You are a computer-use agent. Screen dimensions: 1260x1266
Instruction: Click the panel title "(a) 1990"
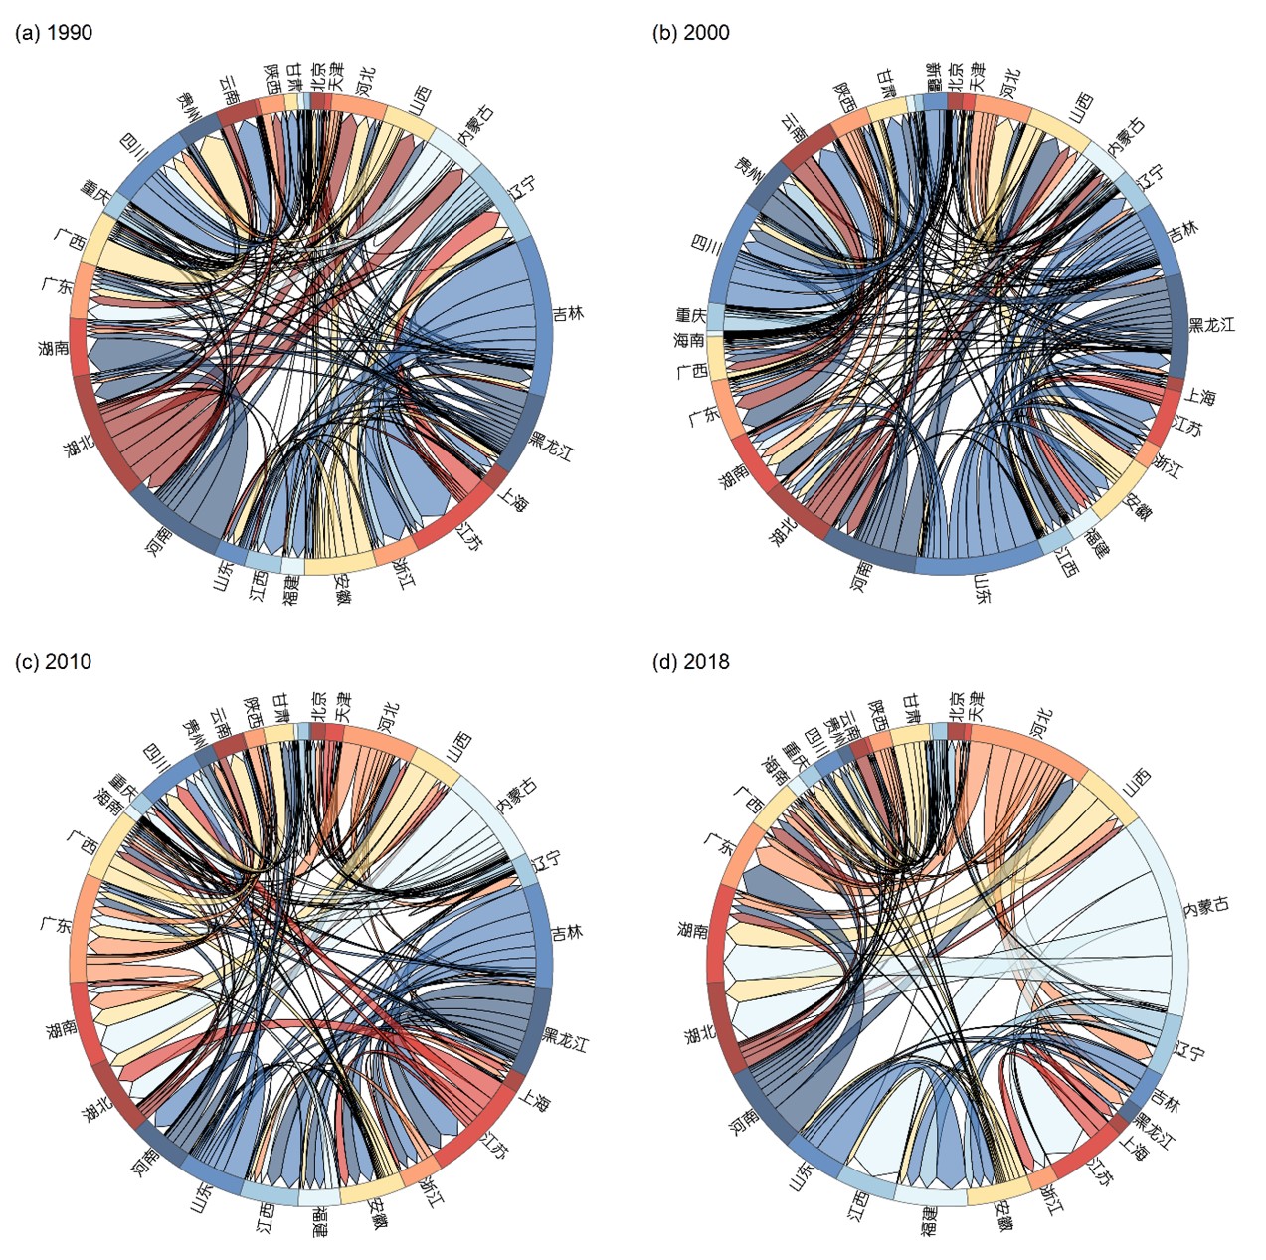(55, 33)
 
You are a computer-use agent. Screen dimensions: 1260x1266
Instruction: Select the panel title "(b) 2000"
(691, 33)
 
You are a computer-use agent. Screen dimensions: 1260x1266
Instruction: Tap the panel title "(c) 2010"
(55, 662)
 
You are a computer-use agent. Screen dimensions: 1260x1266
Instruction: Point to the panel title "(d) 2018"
(691, 662)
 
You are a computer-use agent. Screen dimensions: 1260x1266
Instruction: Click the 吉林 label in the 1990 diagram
(569, 314)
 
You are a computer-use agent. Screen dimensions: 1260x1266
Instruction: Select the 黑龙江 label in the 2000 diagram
(1211, 325)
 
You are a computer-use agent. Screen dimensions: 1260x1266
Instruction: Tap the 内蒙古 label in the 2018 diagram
(1206, 906)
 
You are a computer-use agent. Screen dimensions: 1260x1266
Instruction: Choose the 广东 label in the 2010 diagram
(55, 924)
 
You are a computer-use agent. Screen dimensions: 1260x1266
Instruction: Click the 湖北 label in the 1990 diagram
(80, 445)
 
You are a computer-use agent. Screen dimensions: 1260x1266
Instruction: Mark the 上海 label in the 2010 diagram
(535, 1100)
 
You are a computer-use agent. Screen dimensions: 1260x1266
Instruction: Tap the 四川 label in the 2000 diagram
(706, 245)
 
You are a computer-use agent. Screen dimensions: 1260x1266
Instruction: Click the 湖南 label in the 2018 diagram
(692, 930)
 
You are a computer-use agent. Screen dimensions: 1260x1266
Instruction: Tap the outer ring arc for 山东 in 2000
(980, 566)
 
